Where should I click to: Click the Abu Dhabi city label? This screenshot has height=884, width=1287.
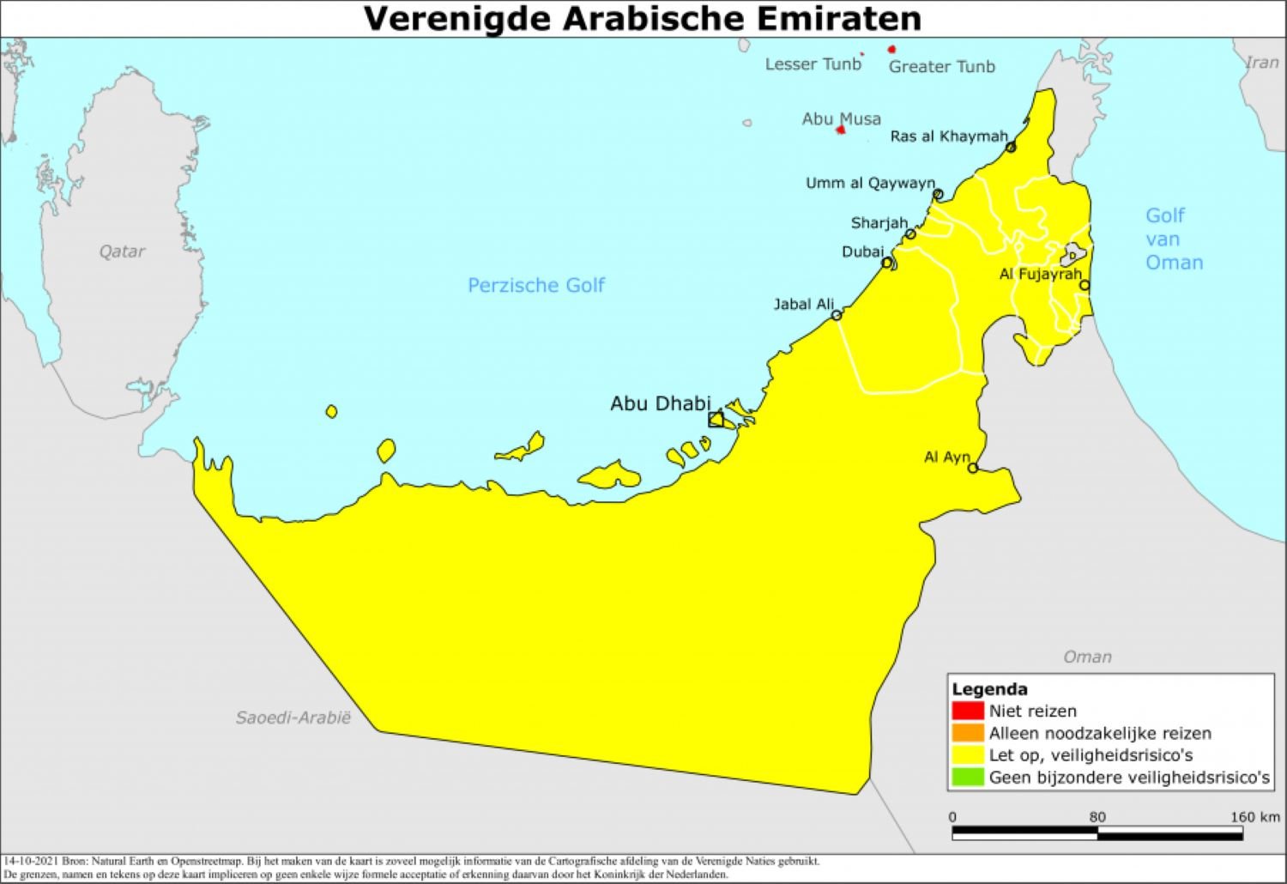click(660, 403)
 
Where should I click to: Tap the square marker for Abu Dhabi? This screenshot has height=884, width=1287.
click(716, 419)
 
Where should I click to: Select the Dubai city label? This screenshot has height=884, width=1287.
click(862, 251)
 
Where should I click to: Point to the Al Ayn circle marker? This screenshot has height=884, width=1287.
click(973, 468)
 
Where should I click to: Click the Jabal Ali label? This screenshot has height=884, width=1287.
click(803, 304)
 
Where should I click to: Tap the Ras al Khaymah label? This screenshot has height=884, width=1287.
click(948, 136)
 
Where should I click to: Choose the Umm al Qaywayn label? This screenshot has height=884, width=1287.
click(869, 183)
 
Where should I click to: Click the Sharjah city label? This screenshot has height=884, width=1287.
click(879, 223)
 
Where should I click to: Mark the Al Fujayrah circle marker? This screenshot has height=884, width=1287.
click(1085, 285)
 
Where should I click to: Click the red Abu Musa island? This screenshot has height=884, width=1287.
click(841, 130)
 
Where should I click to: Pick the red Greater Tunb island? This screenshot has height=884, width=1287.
click(892, 50)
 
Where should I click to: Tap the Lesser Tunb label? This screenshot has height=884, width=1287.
click(813, 64)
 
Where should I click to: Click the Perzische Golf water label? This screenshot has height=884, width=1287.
click(535, 285)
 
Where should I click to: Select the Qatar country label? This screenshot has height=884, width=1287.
click(122, 251)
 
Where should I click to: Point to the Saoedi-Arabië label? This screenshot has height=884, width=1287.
click(293, 717)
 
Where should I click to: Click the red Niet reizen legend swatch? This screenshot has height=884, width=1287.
click(967, 711)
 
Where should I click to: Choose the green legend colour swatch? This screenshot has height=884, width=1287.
click(967, 778)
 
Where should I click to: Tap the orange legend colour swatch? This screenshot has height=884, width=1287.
click(967, 733)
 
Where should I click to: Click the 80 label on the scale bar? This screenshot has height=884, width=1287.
click(1097, 816)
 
